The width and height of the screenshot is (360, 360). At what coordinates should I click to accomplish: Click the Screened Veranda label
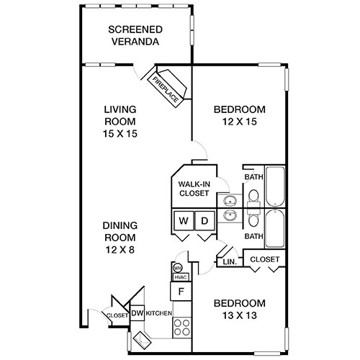(x=135, y=35)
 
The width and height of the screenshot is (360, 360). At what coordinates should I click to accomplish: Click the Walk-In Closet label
(x=194, y=189)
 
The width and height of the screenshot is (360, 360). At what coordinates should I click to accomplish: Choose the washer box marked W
(x=183, y=220)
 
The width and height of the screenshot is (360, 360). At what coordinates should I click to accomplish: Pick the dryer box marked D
(x=204, y=220)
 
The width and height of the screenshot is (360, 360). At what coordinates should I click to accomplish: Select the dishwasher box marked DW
(x=137, y=313)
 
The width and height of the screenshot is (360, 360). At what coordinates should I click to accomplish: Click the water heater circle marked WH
(x=176, y=267)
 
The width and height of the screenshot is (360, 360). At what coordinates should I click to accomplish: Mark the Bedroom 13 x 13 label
(x=240, y=309)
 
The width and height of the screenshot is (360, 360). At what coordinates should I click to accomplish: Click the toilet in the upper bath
(x=253, y=197)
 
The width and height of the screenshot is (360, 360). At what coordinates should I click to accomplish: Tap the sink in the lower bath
(x=230, y=215)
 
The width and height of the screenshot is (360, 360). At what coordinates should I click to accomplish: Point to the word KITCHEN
(x=158, y=314)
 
